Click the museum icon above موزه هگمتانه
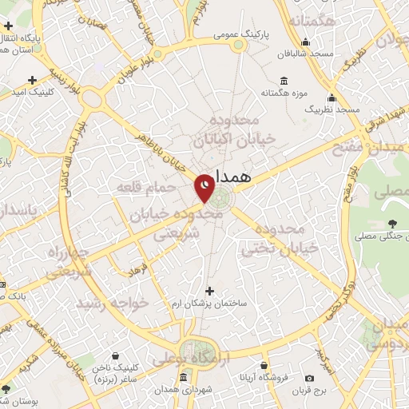pyautogui.click(x=284, y=81)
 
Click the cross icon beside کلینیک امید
pyautogui.click(x=32, y=80)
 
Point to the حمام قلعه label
pyautogui.click(x=145, y=186)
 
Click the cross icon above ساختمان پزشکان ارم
pyautogui.click(x=210, y=291)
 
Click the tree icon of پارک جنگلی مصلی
pyautogui.click(x=391, y=223)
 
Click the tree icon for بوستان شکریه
pyautogui.click(x=6, y=389)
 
